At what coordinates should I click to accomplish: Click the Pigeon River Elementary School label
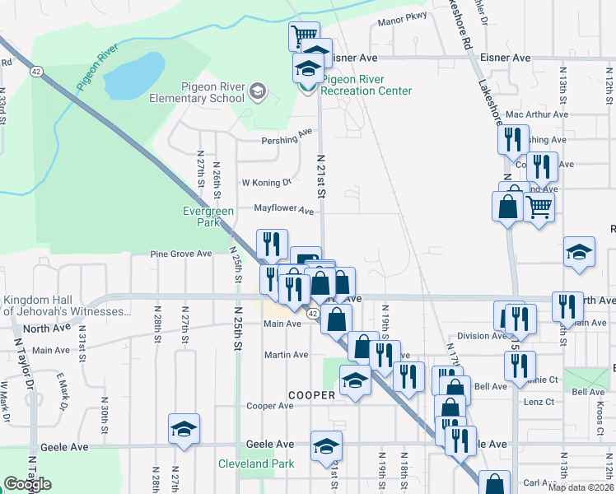point(213,92)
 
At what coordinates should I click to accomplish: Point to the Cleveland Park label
point(256,464)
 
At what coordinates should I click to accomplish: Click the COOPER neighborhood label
point(311,395)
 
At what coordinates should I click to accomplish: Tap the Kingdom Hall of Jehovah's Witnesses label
point(67,305)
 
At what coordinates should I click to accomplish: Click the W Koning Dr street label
point(266,182)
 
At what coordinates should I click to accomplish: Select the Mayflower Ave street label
point(283,210)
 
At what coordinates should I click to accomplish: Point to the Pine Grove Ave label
point(180,254)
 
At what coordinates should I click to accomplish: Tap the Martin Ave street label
point(285,355)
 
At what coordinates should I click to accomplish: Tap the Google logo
point(27,484)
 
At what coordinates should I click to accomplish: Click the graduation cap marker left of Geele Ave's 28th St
point(184,428)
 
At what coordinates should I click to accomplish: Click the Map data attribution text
point(581,487)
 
